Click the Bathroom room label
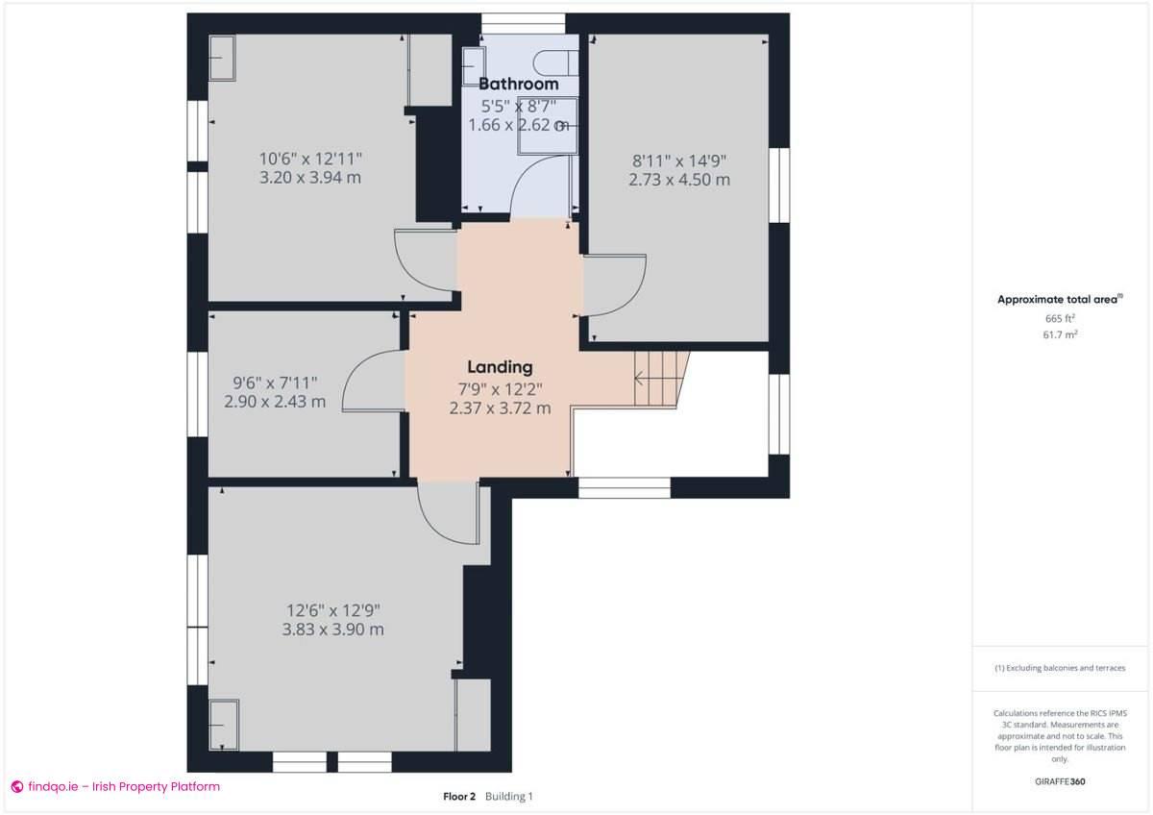[518, 84]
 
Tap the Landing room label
[500, 366]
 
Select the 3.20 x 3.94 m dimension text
[309, 178]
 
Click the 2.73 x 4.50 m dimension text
[679, 180]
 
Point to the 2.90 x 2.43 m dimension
[275, 402]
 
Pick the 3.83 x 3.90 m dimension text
[332, 630]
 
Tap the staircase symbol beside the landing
[660, 378]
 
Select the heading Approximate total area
[1057, 300]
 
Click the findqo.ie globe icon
[16, 786]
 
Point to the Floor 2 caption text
[459, 797]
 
